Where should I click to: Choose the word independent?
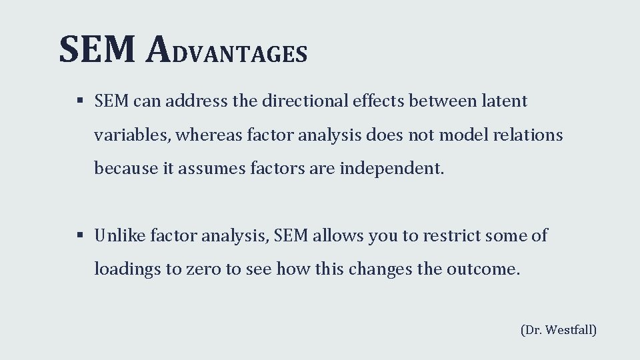coord(391,169)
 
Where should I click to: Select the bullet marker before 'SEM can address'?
coord(79,101)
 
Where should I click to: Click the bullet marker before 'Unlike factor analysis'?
coord(79,235)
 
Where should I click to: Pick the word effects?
coord(377,101)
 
